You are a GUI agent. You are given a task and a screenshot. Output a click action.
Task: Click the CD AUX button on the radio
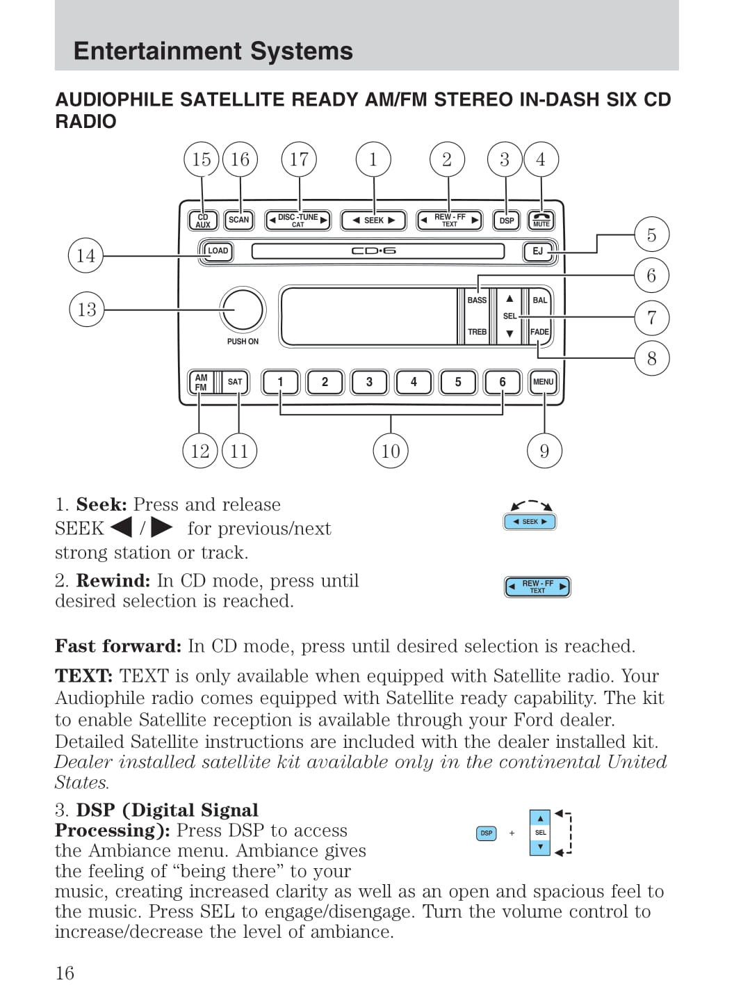point(203,221)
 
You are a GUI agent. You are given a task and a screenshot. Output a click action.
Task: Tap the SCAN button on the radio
point(238,221)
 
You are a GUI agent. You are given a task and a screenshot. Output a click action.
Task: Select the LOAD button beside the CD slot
point(217,251)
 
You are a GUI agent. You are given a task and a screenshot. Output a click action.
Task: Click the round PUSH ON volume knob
point(243,310)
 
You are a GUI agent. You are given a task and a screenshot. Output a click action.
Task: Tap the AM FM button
point(201,382)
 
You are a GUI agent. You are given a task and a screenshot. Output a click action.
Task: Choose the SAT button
point(235,382)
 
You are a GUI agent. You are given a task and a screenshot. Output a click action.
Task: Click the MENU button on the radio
point(543,382)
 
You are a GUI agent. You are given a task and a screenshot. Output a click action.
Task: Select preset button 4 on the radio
point(414,382)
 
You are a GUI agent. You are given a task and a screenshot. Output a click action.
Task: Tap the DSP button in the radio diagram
point(507,221)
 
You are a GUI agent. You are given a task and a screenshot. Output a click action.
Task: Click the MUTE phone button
point(541,221)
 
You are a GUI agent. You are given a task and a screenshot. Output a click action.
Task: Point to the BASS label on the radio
point(477,301)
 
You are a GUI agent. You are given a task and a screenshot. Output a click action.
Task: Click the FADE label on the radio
point(539,332)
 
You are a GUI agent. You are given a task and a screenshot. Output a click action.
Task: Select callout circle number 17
point(299,159)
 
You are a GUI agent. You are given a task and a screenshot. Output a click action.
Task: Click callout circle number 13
point(87,310)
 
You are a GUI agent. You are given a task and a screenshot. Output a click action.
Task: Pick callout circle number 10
point(391,451)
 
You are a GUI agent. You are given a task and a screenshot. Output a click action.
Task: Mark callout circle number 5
point(651,235)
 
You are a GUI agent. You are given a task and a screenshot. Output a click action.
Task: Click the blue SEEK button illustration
point(530,522)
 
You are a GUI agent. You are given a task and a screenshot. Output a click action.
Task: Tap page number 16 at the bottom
point(65,973)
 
